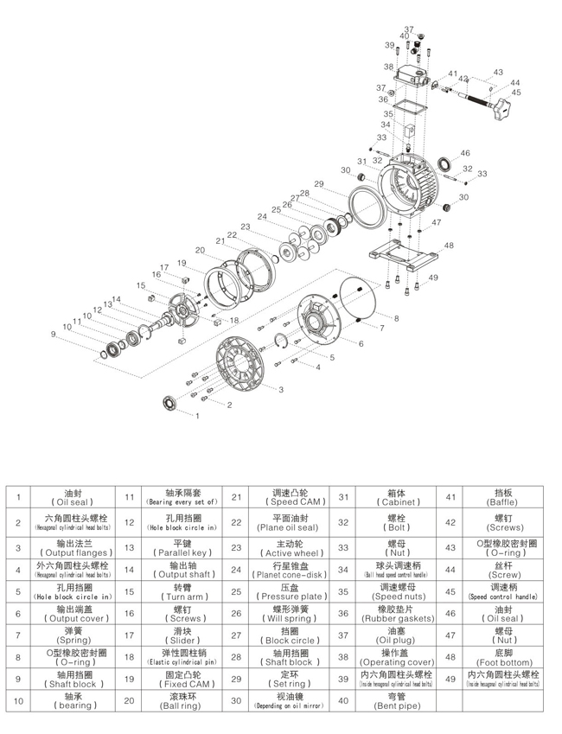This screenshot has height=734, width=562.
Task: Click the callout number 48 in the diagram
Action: coord(449,246)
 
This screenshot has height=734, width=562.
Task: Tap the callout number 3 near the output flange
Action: coord(281,390)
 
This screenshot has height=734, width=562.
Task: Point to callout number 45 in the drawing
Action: coord(516,92)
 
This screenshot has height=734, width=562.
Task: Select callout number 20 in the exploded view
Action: coord(200,250)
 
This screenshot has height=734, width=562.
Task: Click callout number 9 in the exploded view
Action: coord(53,333)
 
